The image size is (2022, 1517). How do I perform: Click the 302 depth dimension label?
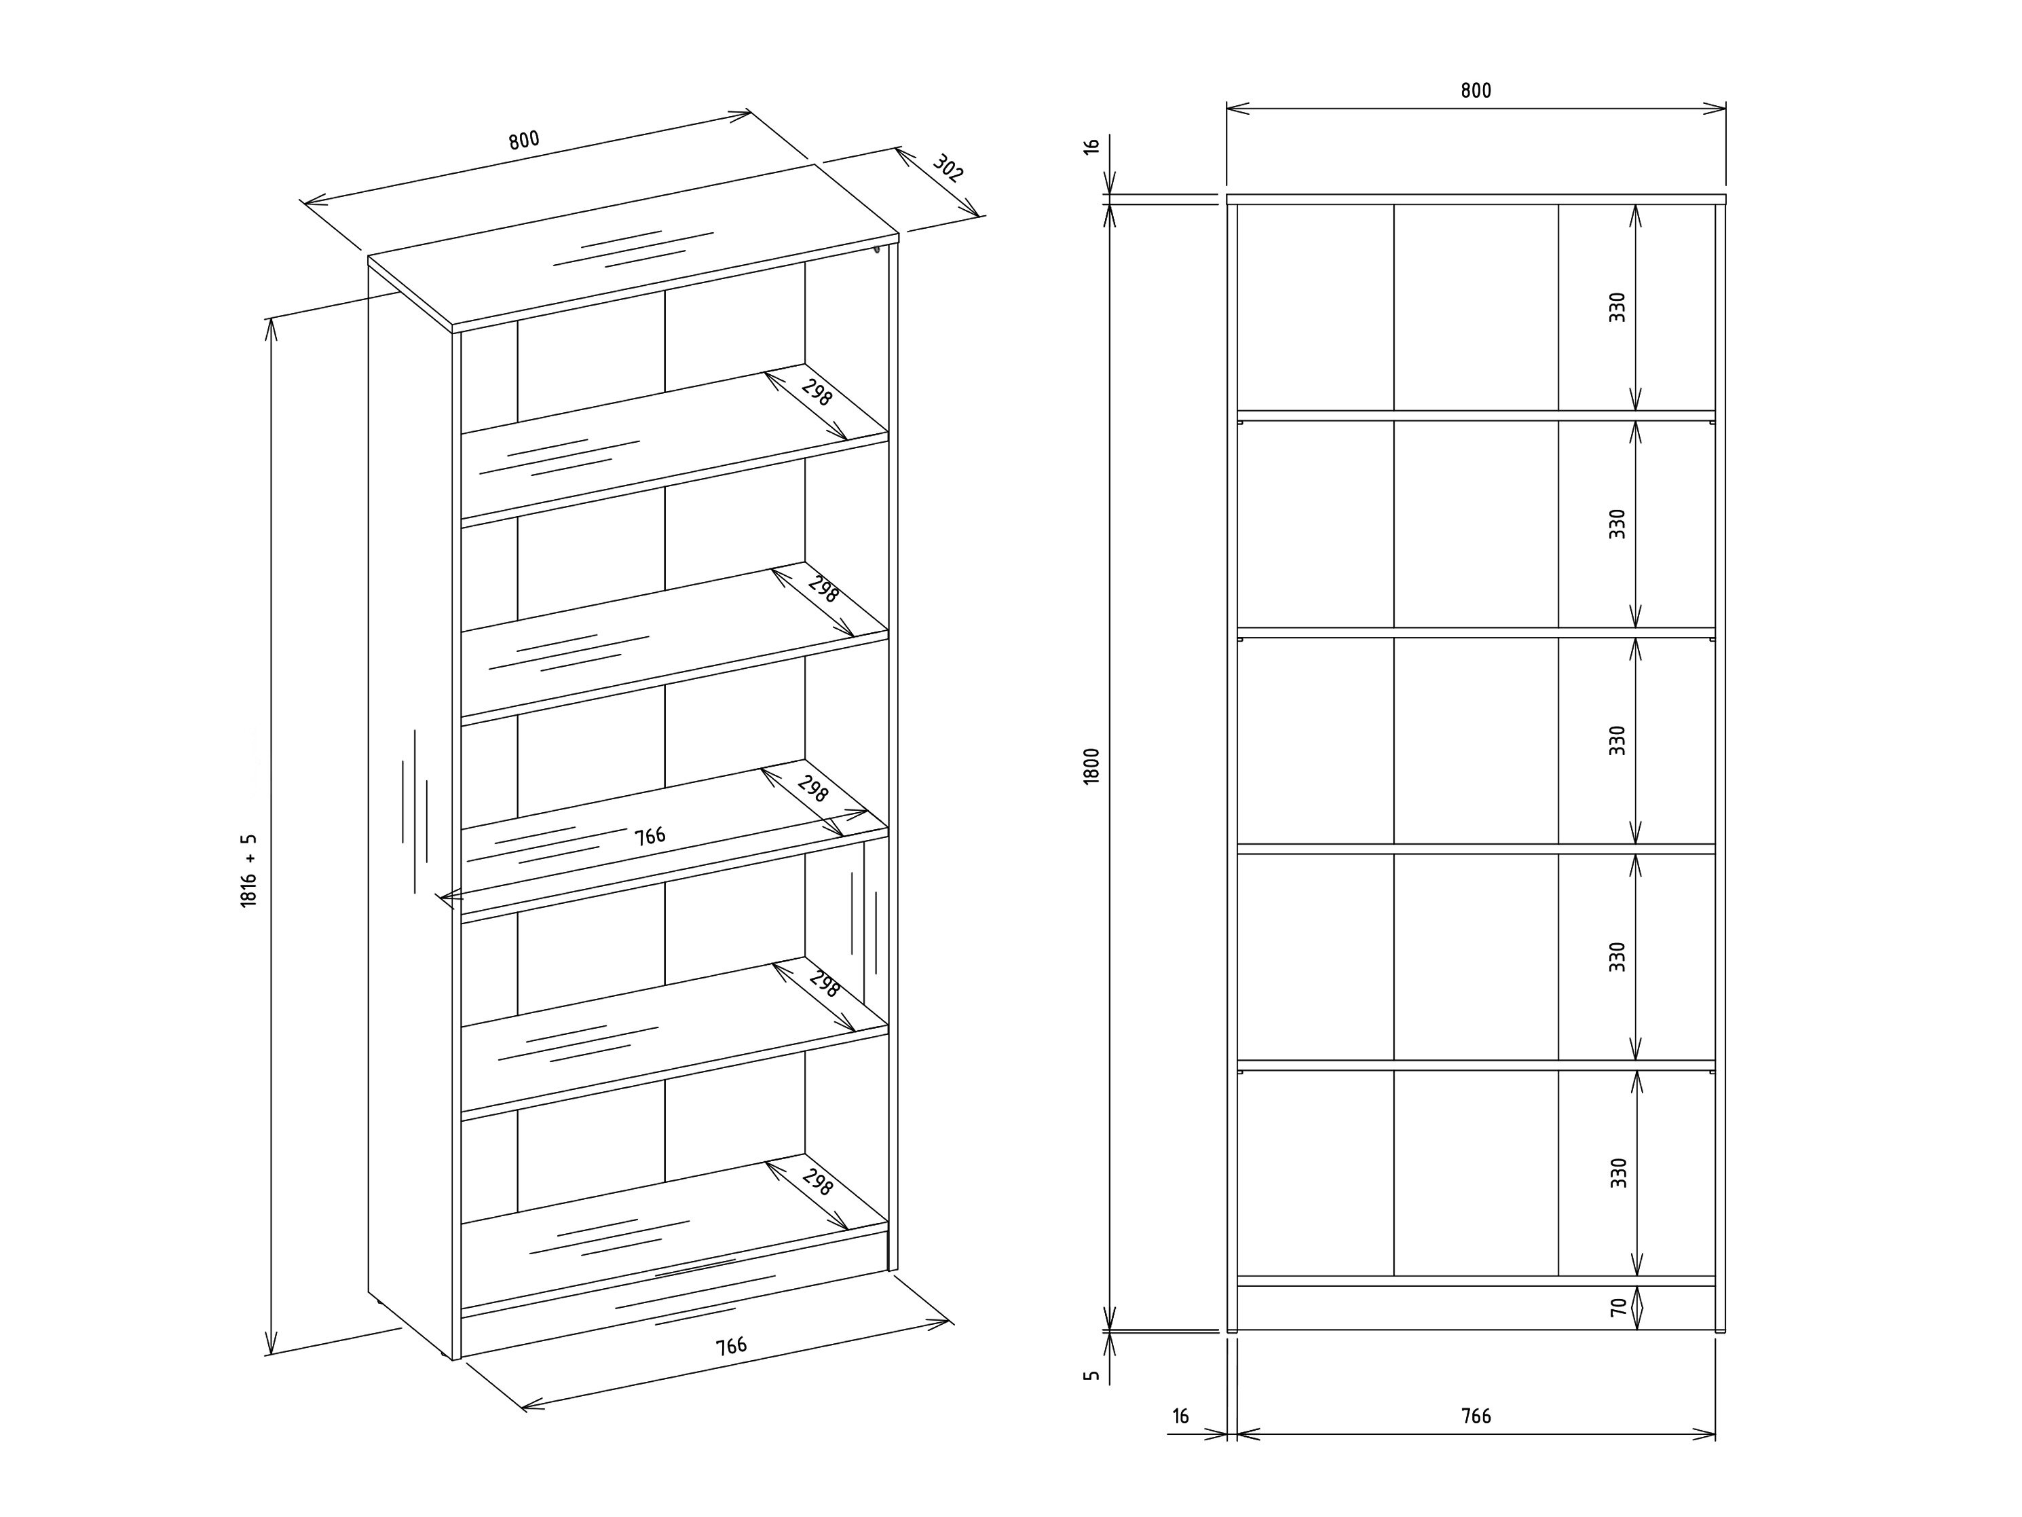tap(948, 168)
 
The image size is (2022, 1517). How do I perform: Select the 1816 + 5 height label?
tap(248, 870)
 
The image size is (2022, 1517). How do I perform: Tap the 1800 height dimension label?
tap(1091, 766)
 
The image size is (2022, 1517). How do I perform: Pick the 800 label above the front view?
tap(1476, 90)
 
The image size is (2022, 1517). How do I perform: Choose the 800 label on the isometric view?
tap(525, 140)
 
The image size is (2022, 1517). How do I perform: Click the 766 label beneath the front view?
tap(1476, 1417)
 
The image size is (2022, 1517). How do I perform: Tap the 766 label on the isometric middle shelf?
tap(650, 836)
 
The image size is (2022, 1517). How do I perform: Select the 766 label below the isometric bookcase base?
tap(730, 1346)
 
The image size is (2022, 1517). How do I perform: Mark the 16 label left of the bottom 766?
tap(1180, 1417)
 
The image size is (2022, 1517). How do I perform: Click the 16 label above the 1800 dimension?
tap(1091, 145)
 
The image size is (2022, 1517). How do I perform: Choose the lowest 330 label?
tap(1619, 1173)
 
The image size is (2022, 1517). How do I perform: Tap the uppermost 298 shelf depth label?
tap(817, 392)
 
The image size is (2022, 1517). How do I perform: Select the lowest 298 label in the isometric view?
tap(817, 1182)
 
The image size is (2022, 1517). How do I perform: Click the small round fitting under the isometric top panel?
tap(877, 247)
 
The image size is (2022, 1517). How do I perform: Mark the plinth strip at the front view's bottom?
tap(1476, 1308)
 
